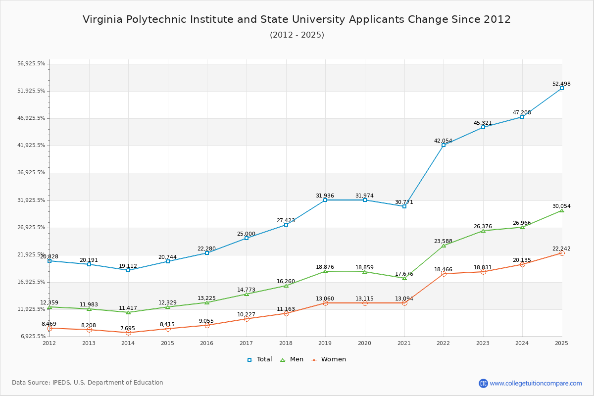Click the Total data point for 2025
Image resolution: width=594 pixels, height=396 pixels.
(x=561, y=88)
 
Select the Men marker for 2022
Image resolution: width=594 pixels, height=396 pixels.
(x=444, y=246)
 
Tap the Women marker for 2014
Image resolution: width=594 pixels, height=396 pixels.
(x=128, y=333)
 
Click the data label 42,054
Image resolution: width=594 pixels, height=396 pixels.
(x=443, y=141)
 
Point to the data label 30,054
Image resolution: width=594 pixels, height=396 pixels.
(x=561, y=206)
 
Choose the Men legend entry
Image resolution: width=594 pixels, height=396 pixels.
(x=293, y=359)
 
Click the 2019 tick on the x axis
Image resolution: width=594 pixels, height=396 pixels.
(x=325, y=343)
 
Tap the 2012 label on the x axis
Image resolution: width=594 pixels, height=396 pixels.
(x=49, y=343)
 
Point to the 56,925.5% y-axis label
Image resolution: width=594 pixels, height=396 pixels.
(x=31, y=64)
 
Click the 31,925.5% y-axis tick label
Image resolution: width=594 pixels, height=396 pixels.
(x=31, y=200)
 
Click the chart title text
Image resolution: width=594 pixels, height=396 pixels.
(x=297, y=19)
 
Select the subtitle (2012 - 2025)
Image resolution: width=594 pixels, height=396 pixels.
(x=297, y=35)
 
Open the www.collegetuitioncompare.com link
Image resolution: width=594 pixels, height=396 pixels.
(x=536, y=383)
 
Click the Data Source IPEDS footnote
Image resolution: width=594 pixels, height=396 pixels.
(x=88, y=383)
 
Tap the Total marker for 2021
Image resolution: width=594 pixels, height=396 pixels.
(x=404, y=206)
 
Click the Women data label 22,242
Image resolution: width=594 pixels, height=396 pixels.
(x=561, y=248)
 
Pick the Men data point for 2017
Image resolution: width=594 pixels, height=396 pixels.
(x=247, y=294)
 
